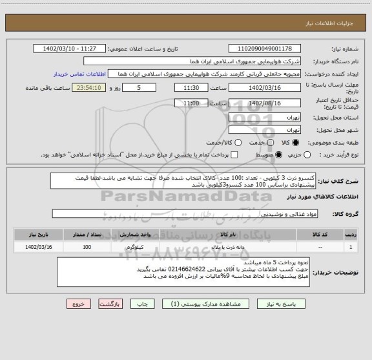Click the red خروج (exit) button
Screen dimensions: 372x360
(x=76, y=303)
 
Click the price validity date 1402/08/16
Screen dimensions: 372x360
(x=265, y=103)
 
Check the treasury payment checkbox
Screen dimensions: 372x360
(x=235, y=155)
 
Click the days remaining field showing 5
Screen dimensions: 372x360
(x=139, y=87)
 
